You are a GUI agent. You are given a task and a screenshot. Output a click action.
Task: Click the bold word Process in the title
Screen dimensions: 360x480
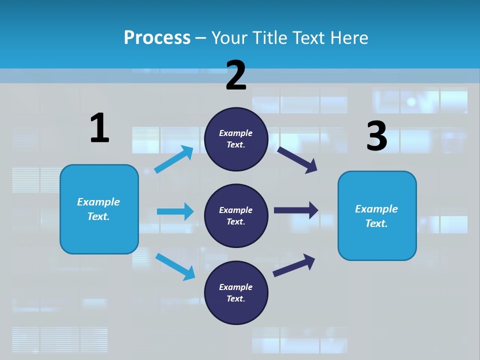[157, 37]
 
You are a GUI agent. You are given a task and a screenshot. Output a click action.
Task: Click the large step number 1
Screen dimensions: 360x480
[99, 128]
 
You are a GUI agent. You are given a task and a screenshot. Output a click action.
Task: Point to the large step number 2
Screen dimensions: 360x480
[236, 75]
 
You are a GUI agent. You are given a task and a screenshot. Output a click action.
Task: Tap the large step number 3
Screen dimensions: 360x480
[376, 136]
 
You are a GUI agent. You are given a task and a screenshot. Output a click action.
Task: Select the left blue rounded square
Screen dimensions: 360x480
[99, 209]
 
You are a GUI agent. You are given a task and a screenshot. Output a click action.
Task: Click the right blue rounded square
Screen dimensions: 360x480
[377, 215]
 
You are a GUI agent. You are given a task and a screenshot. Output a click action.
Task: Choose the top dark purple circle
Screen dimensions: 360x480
[236, 139]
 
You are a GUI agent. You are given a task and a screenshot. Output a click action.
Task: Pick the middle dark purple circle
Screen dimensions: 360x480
[236, 215]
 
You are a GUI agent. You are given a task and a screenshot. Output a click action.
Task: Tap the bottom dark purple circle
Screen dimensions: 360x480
[236, 292]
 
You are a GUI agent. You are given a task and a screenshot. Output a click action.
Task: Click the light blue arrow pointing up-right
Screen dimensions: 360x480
[174, 159]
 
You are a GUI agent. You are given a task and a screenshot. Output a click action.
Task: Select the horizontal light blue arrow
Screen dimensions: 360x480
[175, 211]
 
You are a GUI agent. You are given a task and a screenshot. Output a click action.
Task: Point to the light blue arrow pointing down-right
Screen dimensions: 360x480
[175, 266]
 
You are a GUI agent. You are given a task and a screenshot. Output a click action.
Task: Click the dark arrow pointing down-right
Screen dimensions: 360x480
[297, 159]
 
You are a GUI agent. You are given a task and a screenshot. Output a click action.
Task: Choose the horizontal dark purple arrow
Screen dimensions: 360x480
[295, 210]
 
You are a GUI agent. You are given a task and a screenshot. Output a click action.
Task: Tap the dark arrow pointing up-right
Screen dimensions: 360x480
[294, 264]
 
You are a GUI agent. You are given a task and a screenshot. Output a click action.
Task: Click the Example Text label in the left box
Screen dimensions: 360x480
[98, 209]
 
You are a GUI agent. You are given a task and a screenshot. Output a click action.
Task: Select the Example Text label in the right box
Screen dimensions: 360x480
[376, 216]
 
